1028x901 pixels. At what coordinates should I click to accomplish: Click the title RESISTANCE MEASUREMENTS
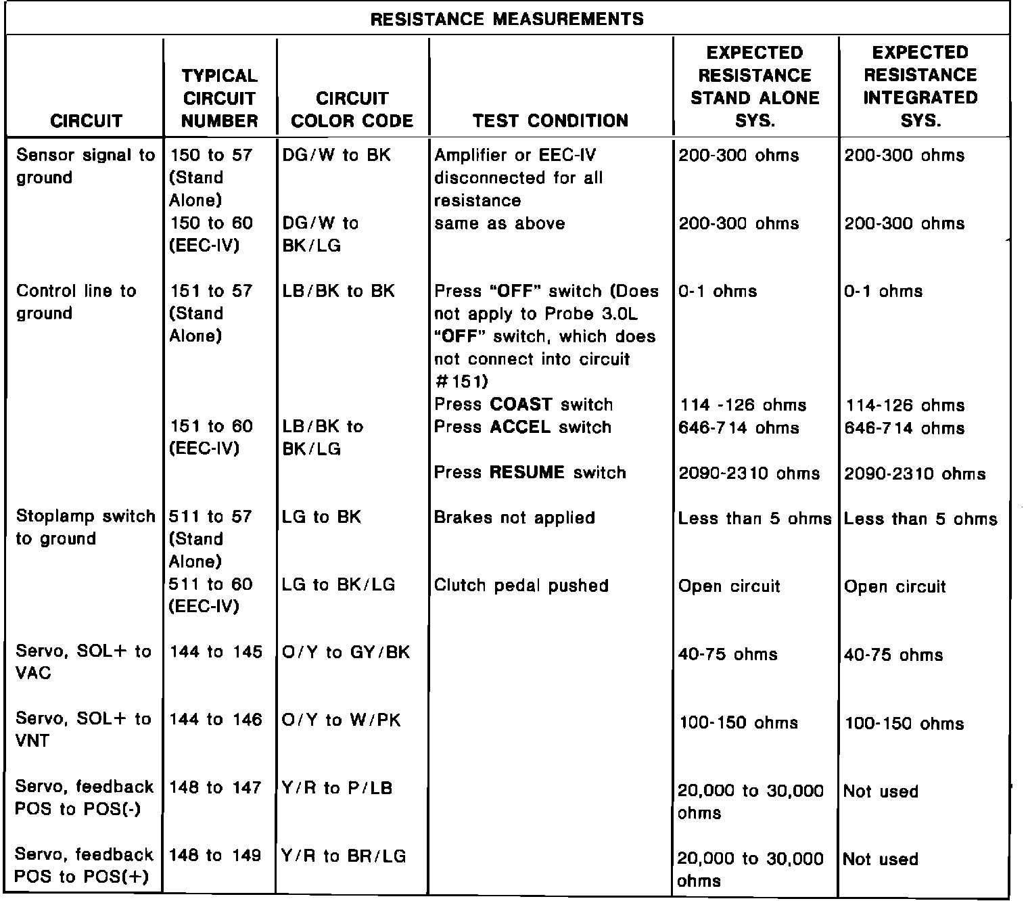click(507, 19)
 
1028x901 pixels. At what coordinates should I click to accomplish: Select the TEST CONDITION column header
click(551, 121)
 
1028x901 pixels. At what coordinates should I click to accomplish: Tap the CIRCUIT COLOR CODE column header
click(352, 110)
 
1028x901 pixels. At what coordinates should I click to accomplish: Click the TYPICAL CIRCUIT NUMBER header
click(220, 98)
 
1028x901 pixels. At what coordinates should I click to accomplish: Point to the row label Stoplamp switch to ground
click(85, 528)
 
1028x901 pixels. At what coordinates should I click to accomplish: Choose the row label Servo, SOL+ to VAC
click(83, 662)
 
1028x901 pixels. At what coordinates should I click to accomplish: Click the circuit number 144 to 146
click(216, 720)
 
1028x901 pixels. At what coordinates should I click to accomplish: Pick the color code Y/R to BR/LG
click(344, 856)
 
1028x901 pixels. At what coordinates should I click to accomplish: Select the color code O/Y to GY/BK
click(346, 652)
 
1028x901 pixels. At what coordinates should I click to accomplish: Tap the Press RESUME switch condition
click(530, 472)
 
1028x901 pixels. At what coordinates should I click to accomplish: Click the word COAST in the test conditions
click(521, 405)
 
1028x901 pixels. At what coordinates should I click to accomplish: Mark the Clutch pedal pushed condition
click(521, 585)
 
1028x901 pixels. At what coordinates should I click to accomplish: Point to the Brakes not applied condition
click(514, 518)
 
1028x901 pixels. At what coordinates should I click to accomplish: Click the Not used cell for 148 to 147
click(881, 791)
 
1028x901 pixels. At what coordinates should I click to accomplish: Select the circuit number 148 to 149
click(215, 856)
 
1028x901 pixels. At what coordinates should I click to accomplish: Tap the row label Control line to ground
click(76, 302)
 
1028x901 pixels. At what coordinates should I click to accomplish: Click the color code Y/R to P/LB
click(337, 788)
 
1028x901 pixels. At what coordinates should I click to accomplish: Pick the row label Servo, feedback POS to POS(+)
click(84, 867)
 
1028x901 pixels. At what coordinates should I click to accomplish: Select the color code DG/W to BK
click(336, 156)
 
